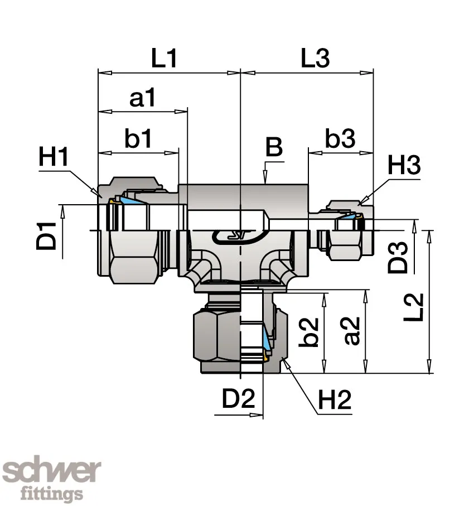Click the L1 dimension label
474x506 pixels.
click(x=164, y=58)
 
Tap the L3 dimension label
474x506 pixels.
click(x=315, y=58)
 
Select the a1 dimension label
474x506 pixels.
click(x=142, y=98)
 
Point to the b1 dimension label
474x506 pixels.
click(x=138, y=138)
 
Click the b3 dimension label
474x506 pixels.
click(x=340, y=138)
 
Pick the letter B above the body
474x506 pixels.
click(x=274, y=147)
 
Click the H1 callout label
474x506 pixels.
click(x=53, y=156)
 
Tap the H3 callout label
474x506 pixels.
click(x=404, y=165)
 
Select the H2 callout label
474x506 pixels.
click(x=335, y=399)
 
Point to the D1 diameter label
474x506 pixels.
click(x=46, y=236)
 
